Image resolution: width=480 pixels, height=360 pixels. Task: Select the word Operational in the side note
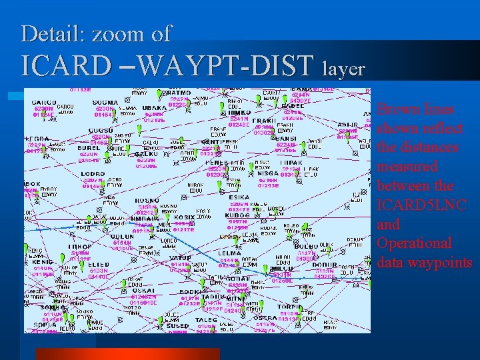(x=414, y=243)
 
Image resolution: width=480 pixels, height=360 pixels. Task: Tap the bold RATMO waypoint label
(x=179, y=93)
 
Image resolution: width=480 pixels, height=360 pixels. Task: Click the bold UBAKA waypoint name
(x=155, y=108)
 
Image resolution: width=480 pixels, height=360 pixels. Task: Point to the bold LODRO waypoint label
(x=92, y=174)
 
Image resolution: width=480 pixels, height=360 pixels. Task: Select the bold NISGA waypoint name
(x=267, y=174)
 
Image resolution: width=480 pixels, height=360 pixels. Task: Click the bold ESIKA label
(x=239, y=198)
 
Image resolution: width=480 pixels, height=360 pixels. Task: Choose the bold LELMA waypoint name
(x=230, y=253)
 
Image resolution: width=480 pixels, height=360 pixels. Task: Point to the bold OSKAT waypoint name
(x=143, y=291)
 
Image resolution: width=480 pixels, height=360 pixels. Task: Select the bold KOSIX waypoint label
(x=185, y=217)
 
